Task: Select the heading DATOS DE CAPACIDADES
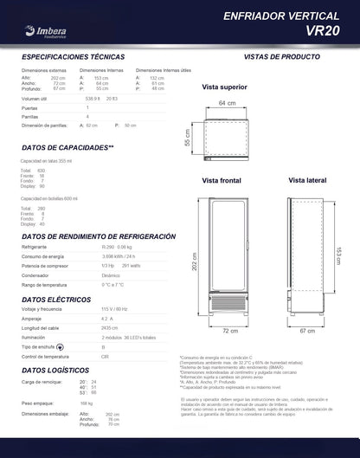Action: click(x=67, y=148)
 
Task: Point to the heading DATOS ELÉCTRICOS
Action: click(x=58, y=299)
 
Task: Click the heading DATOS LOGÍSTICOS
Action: click(x=59, y=370)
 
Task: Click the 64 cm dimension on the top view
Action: click(x=227, y=103)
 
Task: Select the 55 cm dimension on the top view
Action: click(x=187, y=138)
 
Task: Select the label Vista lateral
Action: click(x=307, y=180)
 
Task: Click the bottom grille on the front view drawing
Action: click(x=229, y=307)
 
